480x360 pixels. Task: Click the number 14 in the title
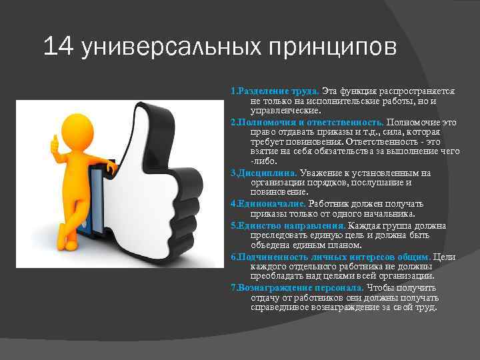click(x=58, y=47)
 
